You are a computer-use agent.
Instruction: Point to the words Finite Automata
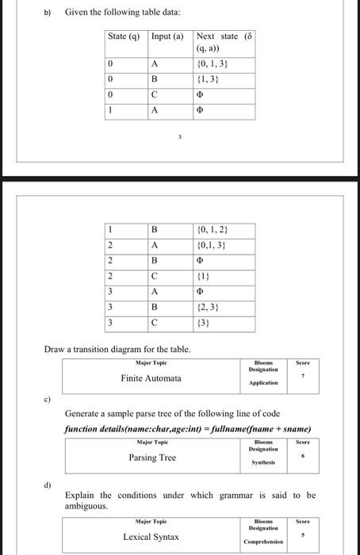tap(151, 378)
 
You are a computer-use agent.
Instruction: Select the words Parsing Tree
tap(152, 457)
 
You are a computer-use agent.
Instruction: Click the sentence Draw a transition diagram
tap(117, 350)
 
